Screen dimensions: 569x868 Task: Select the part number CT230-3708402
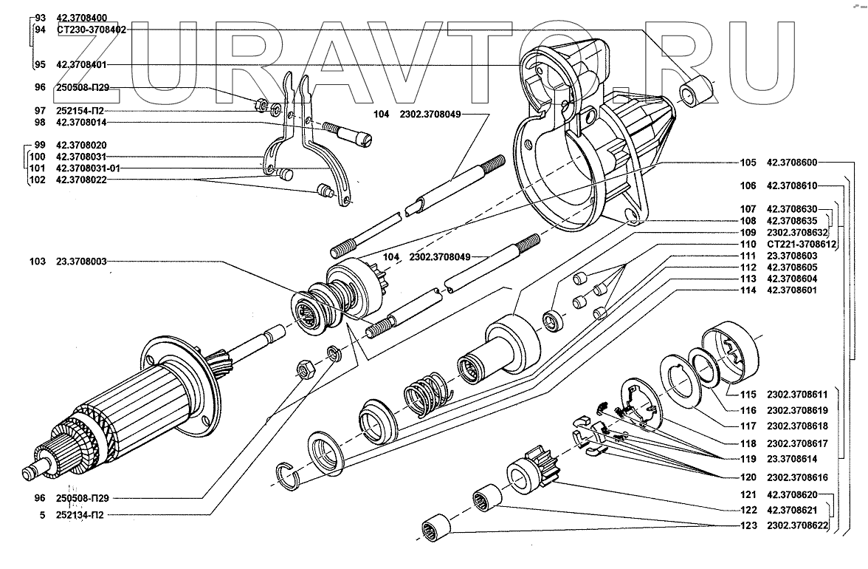tap(91, 30)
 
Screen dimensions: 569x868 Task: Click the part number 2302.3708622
tap(797, 526)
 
